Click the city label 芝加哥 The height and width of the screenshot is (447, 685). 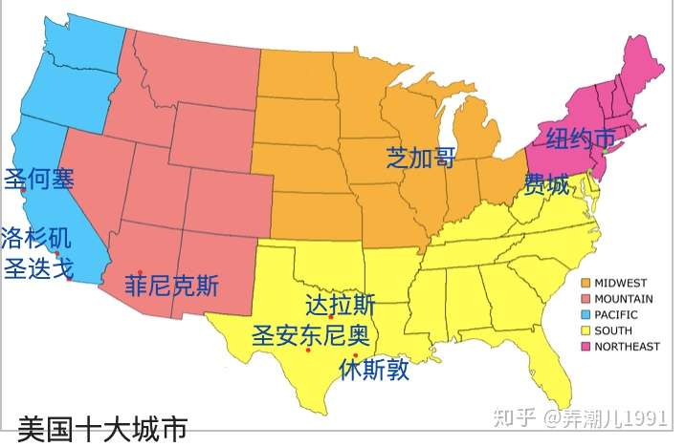click(421, 157)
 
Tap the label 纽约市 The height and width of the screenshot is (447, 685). click(580, 139)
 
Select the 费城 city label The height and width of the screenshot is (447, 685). click(545, 183)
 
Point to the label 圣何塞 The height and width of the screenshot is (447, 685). click(39, 178)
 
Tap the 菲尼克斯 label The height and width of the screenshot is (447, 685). click(172, 286)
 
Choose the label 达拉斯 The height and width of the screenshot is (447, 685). click(340, 305)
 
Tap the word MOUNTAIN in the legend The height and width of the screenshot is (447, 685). click(624, 299)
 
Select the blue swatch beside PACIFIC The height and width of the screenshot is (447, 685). click(586, 314)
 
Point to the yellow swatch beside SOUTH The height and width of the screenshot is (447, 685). click(586, 330)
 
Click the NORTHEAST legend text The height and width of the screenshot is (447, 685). click(627, 347)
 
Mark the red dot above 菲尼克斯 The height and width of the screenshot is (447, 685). click(141, 272)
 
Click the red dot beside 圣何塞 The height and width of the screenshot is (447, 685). click(22, 190)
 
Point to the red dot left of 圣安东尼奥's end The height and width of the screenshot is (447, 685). click(308, 351)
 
